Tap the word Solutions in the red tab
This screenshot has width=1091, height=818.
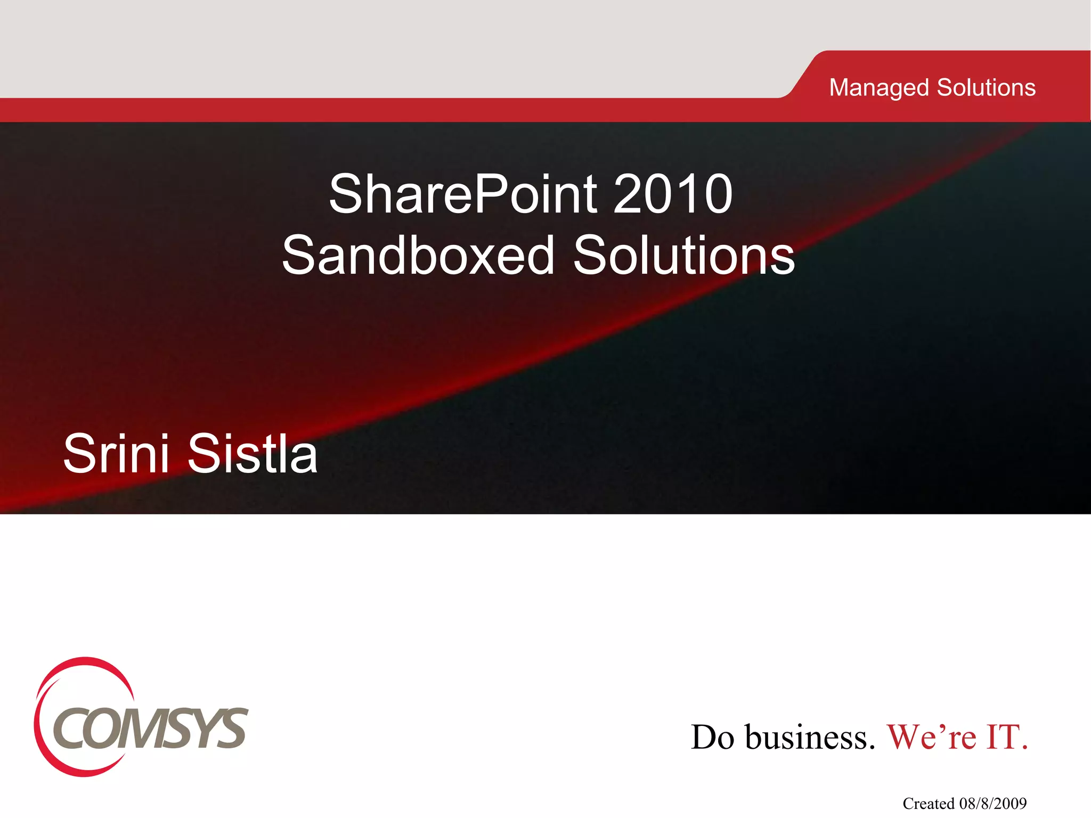coord(986,87)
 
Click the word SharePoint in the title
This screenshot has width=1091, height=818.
coord(462,194)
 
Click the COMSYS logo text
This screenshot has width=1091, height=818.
coord(150,729)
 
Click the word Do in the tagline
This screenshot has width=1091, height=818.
coord(712,737)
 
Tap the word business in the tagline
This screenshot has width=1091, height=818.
coord(810,737)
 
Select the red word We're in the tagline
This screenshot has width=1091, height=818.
coord(931,737)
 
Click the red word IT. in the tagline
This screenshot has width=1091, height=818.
coord(1007,737)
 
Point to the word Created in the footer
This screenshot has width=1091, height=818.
coord(928,803)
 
